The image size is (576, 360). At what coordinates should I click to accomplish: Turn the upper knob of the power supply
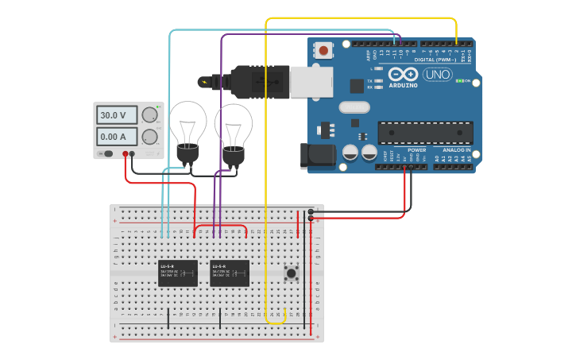pos(149,115)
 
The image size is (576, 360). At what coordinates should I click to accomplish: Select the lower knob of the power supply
pos(149,137)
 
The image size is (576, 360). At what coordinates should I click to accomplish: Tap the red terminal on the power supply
pos(126,154)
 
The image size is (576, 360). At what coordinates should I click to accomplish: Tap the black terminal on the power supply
pos(132,154)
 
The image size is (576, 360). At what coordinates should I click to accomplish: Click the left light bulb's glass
pos(189,121)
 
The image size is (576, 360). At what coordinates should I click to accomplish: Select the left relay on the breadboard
pos(178,273)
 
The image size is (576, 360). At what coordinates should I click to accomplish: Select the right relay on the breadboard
pos(230,273)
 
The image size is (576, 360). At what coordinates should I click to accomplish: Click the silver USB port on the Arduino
pos(310,81)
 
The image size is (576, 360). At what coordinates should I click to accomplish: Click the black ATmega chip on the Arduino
pos(425,132)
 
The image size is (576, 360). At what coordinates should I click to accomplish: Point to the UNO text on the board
pos(437,75)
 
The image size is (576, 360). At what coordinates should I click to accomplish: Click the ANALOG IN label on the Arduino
pos(456,149)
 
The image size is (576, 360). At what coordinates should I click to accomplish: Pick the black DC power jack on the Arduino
pos(317,157)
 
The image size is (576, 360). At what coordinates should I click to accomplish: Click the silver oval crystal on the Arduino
pos(354,107)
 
